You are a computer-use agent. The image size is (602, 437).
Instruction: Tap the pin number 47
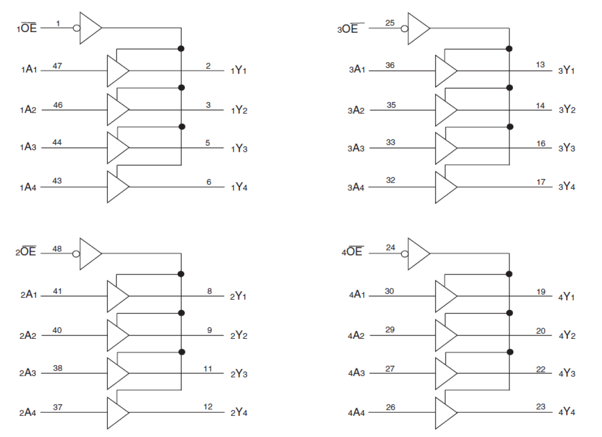click(58, 66)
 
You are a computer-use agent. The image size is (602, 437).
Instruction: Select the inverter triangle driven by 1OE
click(90, 28)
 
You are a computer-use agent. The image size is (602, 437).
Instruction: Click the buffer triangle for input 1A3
click(117, 148)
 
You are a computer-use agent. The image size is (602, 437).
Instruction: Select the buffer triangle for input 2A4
click(117, 413)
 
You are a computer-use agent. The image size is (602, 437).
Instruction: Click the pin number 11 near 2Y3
click(208, 368)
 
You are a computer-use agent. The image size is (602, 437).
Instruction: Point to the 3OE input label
click(347, 29)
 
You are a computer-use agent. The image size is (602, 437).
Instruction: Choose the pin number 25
click(390, 23)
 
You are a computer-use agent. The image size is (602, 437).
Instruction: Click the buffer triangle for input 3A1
click(445, 71)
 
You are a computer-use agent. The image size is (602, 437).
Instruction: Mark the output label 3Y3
click(567, 148)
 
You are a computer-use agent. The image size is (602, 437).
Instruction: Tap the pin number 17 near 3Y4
click(541, 182)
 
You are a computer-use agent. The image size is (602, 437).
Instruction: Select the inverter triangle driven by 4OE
click(418, 254)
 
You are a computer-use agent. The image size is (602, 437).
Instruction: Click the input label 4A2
click(356, 335)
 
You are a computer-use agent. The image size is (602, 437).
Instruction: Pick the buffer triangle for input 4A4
click(445, 413)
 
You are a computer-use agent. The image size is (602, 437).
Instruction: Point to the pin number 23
click(541, 407)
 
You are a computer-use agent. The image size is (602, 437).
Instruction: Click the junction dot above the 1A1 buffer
click(181, 48)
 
